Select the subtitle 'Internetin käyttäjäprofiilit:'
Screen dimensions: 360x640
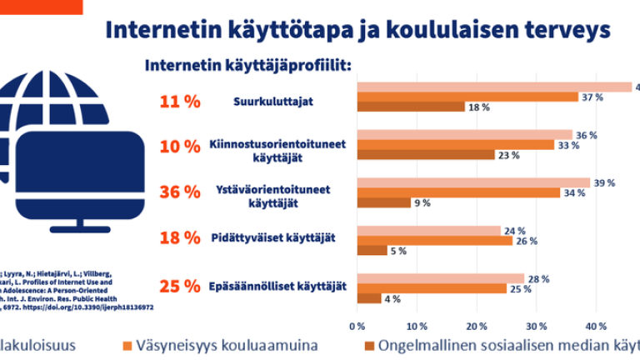tap(248, 65)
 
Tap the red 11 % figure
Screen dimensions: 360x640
tap(180, 102)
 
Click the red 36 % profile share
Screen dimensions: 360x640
tap(180, 192)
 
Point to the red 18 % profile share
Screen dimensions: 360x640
tap(180, 237)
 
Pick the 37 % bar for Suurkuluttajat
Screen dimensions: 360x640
tap(467, 97)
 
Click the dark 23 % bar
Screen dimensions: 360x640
tap(425, 154)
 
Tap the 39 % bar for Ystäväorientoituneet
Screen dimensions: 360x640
tap(473, 182)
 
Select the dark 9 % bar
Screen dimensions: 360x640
tap(383, 202)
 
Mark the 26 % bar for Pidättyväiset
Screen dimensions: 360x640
tap(434, 241)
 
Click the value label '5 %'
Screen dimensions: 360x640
tap(399, 251)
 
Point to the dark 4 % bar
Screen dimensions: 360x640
tap(368, 298)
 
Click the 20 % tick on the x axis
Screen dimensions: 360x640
tap(477, 325)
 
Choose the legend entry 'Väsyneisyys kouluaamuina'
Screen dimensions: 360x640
tap(224, 345)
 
